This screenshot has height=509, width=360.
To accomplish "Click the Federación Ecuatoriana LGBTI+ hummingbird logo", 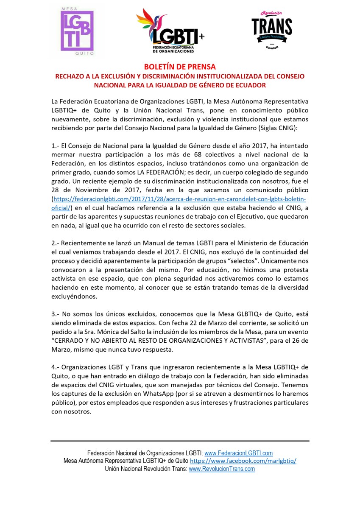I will click(170, 31).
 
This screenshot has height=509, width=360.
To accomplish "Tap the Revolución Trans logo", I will click(271, 29).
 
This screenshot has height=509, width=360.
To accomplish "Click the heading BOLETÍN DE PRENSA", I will click(180, 67).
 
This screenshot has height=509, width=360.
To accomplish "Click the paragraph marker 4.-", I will click(56, 367).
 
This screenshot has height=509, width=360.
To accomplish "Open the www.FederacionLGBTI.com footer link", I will click(238, 453).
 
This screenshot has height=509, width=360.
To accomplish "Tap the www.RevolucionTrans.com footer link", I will click(221, 469).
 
